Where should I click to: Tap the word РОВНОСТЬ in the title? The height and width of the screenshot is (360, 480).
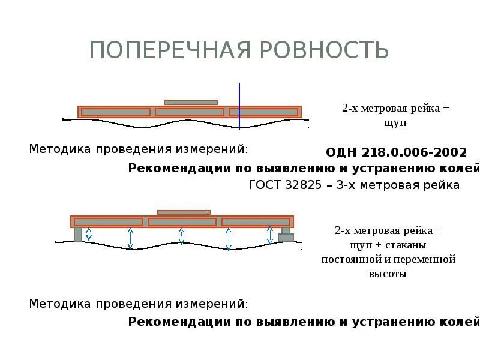(325, 50)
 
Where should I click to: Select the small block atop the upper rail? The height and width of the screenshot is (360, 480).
(191, 103)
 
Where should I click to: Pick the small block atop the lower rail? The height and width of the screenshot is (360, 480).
(184, 212)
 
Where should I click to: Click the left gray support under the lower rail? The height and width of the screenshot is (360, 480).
(78, 234)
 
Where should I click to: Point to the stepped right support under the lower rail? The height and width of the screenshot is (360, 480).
(286, 235)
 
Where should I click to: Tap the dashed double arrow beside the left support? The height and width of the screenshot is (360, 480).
(89, 234)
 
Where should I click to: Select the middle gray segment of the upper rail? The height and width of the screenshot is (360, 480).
(189, 112)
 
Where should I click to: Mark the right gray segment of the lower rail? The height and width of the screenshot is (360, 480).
(256, 222)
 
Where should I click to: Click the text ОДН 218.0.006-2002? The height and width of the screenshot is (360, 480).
(396, 152)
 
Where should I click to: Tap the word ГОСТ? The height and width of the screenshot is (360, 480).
(265, 185)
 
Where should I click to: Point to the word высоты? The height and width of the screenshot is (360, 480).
(387, 274)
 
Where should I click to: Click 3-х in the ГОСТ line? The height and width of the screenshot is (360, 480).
(348, 185)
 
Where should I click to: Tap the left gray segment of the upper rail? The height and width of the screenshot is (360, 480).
(116, 112)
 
